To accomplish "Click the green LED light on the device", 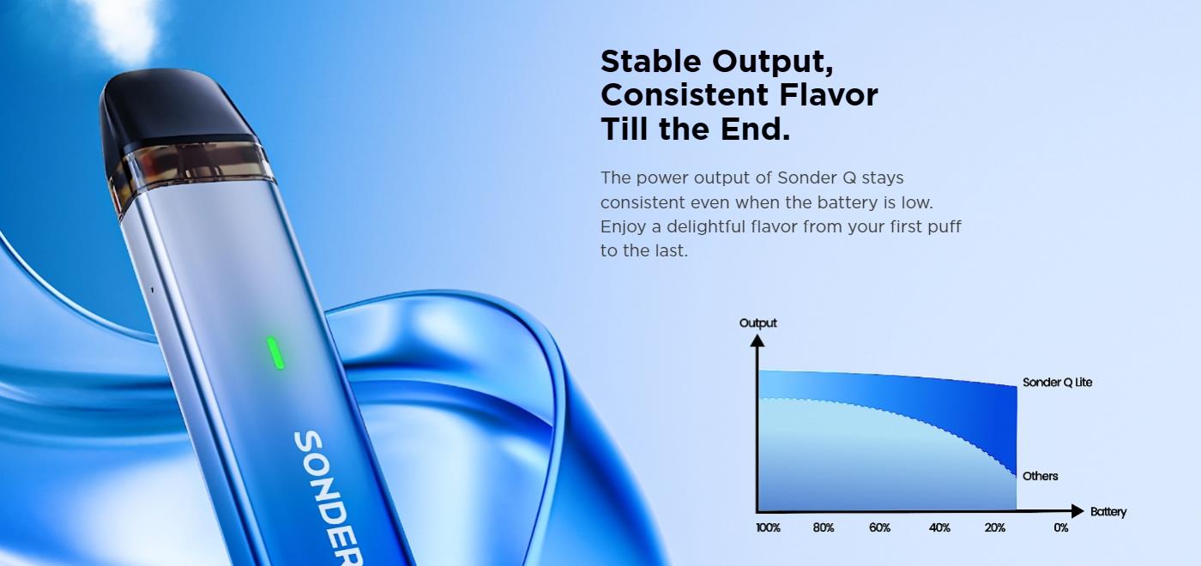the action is point(275,353).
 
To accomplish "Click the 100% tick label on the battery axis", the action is point(768,528).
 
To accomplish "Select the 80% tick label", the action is point(823,528).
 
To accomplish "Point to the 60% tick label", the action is point(879,528).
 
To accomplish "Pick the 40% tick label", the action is point(939,528).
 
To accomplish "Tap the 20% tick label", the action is point(994,528).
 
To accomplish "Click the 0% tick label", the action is point(1060,528).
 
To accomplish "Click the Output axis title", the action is point(757,322).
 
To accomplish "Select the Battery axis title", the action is point(1108,512).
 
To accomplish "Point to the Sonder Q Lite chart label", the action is point(1057,382).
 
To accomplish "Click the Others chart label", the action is point(1040,476).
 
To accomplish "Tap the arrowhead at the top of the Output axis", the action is point(757,341).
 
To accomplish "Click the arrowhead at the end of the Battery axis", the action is point(1077,511).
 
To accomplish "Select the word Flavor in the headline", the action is point(829,95).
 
